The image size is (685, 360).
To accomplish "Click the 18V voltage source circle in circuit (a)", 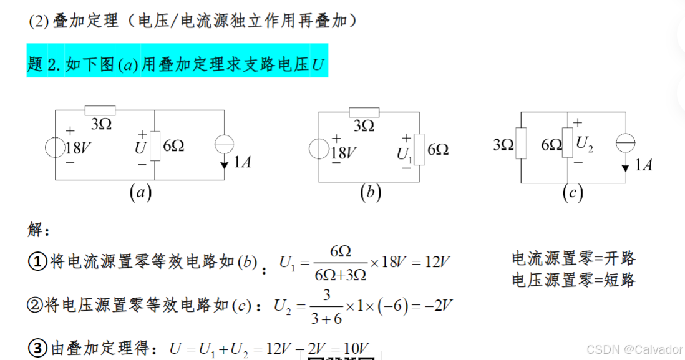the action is point(56,148).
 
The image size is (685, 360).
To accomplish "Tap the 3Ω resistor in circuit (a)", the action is point(100,110).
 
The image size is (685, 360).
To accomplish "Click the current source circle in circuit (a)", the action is point(224,145).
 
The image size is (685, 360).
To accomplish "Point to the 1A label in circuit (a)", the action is point(242,163).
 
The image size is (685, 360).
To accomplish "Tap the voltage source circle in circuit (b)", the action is point(319,150).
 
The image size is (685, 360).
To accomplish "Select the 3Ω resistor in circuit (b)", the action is point(364,112).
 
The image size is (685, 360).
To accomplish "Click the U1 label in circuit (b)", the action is point(404,153).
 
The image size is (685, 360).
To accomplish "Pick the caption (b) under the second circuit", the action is point(370,192).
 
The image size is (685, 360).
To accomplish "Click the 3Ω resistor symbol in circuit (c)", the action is point(522,144).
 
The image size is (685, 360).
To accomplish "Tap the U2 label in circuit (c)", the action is point(585,145).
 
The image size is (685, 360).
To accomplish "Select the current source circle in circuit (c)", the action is point(624,144).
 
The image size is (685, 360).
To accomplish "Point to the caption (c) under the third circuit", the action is point(572,193).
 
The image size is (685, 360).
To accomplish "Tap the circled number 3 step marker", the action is point(37,348).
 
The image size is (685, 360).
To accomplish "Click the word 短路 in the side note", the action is point(619,280).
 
